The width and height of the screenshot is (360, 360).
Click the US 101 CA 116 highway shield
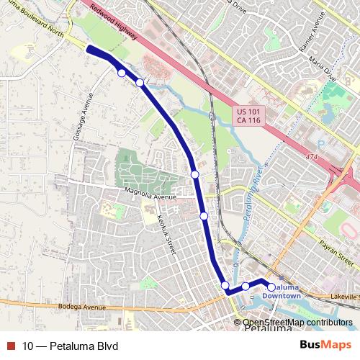tap(249, 116)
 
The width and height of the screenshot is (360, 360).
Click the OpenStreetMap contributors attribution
tap(297, 323)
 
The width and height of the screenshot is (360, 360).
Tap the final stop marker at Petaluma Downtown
tap(271, 287)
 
